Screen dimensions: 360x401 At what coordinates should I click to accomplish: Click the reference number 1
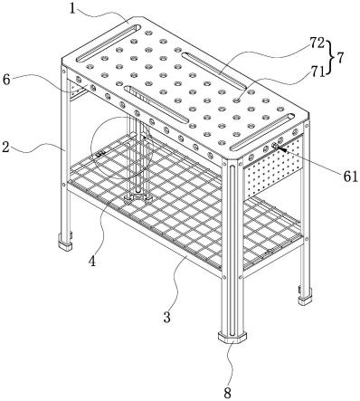pyautogui.click(x=72, y=8)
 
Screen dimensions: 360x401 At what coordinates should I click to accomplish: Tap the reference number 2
pyautogui.click(x=5, y=148)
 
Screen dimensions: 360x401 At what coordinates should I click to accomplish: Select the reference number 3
pyautogui.click(x=167, y=317)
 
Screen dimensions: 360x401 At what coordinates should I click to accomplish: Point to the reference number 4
pyautogui.click(x=92, y=261)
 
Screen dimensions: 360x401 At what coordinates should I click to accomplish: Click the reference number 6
pyautogui.click(x=7, y=80)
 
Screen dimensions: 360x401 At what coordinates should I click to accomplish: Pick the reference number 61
pyautogui.click(x=350, y=177)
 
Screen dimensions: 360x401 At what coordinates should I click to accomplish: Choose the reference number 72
pyautogui.click(x=317, y=43)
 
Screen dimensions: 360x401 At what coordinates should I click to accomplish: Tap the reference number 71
pyautogui.click(x=317, y=72)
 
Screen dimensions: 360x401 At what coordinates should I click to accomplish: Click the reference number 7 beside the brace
pyautogui.click(x=340, y=58)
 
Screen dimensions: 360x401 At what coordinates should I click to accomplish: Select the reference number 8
pyautogui.click(x=227, y=393)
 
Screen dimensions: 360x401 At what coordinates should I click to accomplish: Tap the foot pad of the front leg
pyautogui.click(x=232, y=337)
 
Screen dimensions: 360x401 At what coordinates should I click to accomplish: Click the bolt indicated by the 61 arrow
pyautogui.click(x=275, y=146)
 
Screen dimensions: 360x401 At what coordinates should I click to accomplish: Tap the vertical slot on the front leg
pyautogui.click(x=232, y=250)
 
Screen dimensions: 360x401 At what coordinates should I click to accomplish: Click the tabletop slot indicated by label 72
pyautogui.click(x=214, y=71)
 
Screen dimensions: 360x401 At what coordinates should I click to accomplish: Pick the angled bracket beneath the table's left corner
pyautogui.click(x=78, y=91)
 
